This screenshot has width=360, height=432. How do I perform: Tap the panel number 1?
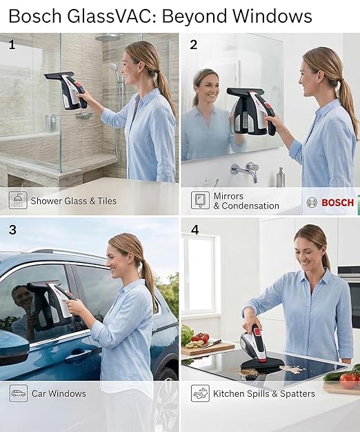coord(12,45)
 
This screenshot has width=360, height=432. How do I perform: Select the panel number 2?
coord(193,45)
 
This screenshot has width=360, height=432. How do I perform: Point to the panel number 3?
coord(12,229)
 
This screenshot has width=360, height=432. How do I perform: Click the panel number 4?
coord(194,229)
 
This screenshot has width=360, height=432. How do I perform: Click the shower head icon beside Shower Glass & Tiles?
coord(19,201)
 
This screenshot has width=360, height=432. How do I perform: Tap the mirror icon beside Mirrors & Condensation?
coord(200,201)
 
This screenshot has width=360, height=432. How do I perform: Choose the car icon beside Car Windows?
coord(19,393)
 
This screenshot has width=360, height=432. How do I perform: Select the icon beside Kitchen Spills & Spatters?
coord(200,393)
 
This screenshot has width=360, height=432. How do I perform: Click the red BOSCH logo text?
coord(337,202)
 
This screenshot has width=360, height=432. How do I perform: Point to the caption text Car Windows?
coord(59,394)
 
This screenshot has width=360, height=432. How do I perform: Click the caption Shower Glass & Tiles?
coord(74,202)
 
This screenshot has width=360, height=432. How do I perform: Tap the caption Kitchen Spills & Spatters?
coord(264,394)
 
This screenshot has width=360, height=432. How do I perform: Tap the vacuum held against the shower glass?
coord(67,90)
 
